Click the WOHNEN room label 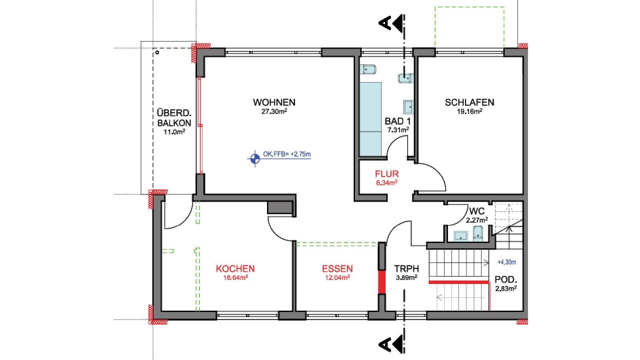(x=274, y=102)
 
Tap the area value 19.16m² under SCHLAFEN (x=469, y=111)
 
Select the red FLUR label (x=387, y=174)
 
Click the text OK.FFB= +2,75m (x=287, y=154)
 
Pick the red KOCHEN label (x=235, y=269)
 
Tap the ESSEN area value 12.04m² (x=337, y=277)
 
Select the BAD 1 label (x=397, y=121)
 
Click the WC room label (x=477, y=211)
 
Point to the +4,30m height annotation (x=507, y=262)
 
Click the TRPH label (x=406, y=269)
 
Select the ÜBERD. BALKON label (x=174, y=118)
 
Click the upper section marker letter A (x=385, y=23)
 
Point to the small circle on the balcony (x=157, y=52)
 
